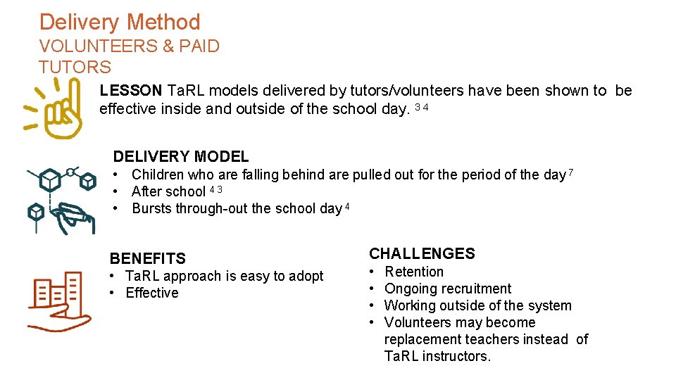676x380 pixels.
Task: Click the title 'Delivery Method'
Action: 120,23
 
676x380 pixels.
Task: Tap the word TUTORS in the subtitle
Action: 75,68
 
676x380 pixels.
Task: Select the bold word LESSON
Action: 131,91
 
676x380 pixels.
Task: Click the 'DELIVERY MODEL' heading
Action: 181,156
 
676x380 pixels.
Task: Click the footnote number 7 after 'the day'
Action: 571,172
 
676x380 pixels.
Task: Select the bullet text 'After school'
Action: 168,191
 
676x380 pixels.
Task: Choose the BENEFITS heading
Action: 148,258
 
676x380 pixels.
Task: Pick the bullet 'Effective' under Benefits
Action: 152,293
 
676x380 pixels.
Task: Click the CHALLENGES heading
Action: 422,253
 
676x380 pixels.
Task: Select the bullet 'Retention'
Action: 414,272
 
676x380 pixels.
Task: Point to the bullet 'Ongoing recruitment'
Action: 448,289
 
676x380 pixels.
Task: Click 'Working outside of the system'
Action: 478,305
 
